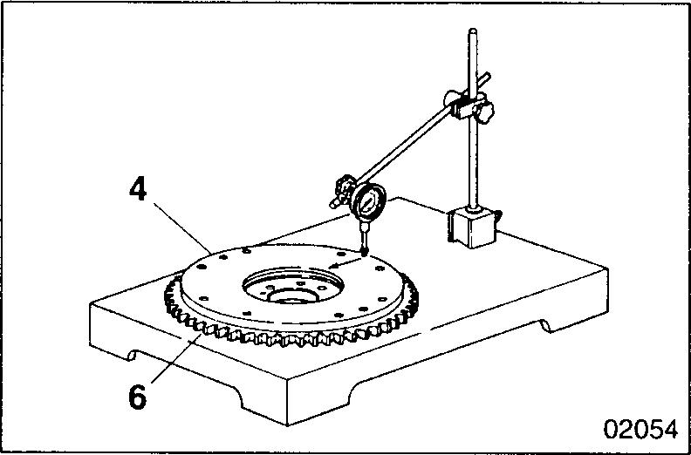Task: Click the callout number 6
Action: pos(137,396)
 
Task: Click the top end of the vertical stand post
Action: pos(473,36)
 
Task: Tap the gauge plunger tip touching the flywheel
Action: pos(364,252)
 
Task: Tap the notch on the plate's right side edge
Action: pos(545,325)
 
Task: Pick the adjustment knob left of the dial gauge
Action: pos(339,188)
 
